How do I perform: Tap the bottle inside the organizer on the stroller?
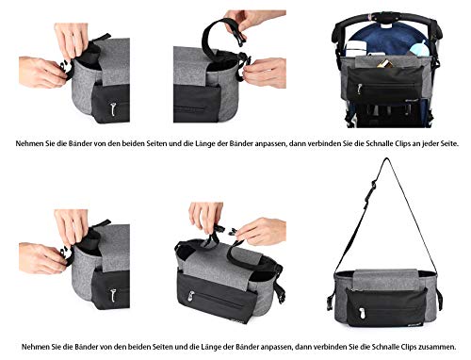click(414, 42)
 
